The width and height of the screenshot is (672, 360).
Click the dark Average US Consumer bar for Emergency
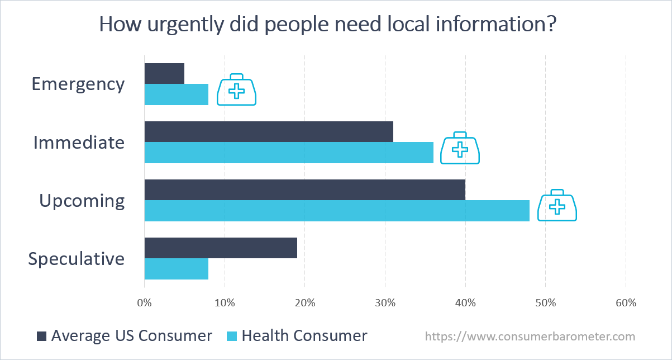coord(164,73)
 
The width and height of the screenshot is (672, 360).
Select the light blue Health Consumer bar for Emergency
coord(176,94)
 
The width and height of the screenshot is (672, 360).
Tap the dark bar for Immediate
coord(269,131)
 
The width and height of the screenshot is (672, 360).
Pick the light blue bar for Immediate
coord(289,153)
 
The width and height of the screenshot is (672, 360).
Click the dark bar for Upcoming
coord(305,190)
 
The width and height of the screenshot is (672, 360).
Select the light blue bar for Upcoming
coord(337,211)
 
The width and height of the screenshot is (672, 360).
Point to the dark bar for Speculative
coord(221,248)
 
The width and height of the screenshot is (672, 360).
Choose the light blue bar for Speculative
coord(176,269)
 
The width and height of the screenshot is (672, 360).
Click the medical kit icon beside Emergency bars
coord(236,89)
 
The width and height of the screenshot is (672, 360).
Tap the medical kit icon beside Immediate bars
coord(460,148)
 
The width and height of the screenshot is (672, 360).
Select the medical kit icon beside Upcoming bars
coord(557,205)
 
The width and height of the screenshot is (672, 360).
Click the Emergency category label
coord(78,84)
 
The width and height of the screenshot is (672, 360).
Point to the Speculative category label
coord(77,259)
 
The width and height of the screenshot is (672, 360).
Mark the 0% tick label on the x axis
coord(144,303)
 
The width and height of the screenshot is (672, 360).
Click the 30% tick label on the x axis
coord(385,303)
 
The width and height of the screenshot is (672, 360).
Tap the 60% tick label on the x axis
coord(626,303)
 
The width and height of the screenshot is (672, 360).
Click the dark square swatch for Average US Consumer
coord(41,336)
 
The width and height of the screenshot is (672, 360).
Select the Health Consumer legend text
coord(304,335)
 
